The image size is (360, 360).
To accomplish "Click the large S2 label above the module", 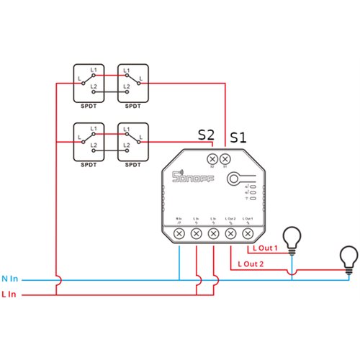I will coord(207,134).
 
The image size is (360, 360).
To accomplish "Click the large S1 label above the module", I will coord(238,137).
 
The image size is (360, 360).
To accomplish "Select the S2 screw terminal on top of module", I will coord(212,159).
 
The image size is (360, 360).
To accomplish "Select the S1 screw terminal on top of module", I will coord(225,159).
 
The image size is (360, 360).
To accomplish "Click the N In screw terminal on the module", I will coord(179,234).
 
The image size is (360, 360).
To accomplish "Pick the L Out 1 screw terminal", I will coord(248,234).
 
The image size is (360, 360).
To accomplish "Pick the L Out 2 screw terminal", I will coord(230,234).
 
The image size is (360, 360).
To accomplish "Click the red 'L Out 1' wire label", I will coord(264,248).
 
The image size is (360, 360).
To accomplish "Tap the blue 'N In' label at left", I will coord(11,278).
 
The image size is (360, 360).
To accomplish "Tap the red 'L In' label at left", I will coord(10,294).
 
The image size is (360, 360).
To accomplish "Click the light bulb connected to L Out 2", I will coord(348,257).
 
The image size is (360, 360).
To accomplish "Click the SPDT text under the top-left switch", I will coord(89,106).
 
